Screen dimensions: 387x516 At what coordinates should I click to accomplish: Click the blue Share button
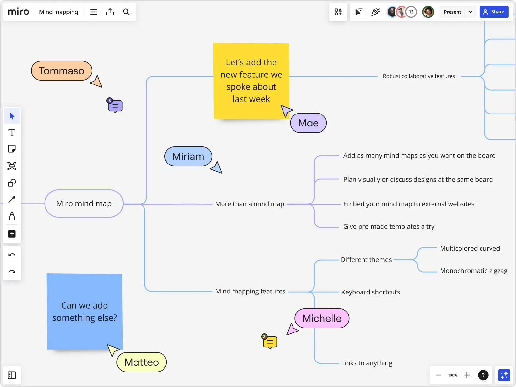[x=494, y=12]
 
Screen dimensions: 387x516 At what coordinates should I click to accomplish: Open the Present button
[x=452, y=12]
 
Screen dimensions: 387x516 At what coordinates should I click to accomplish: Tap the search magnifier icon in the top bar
[x=126, y=12]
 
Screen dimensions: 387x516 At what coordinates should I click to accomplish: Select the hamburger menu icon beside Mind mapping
[x=94, y=12]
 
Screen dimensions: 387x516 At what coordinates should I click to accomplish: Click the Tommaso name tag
[x=62, y=71]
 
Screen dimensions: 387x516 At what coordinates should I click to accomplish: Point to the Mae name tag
[x=308, y=123]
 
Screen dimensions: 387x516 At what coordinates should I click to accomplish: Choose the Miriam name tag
[x=188, y=156]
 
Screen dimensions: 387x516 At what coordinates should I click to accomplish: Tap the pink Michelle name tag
[x=322, y=318]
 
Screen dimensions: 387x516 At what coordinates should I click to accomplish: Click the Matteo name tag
[x=142, y=362]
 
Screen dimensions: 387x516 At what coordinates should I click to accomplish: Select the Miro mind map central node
[x=84, y=203]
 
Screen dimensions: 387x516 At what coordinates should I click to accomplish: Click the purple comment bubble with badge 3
[x=115, y=106]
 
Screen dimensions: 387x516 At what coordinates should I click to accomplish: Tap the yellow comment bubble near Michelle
[x=270, y=342]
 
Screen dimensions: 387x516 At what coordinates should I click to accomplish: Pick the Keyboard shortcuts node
[x=371, y=292]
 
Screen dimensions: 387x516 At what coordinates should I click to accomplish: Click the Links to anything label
[x=367, y=363]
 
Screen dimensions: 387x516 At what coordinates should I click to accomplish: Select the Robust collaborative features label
[x=419, y=76]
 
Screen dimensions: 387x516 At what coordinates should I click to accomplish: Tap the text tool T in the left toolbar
[x=12, y=133]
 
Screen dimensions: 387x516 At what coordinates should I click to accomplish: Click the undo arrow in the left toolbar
[x=12, y=255]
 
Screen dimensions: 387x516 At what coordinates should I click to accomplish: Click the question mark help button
[x=483, y=375]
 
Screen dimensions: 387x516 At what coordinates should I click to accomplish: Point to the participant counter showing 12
[x=411, y=12]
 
